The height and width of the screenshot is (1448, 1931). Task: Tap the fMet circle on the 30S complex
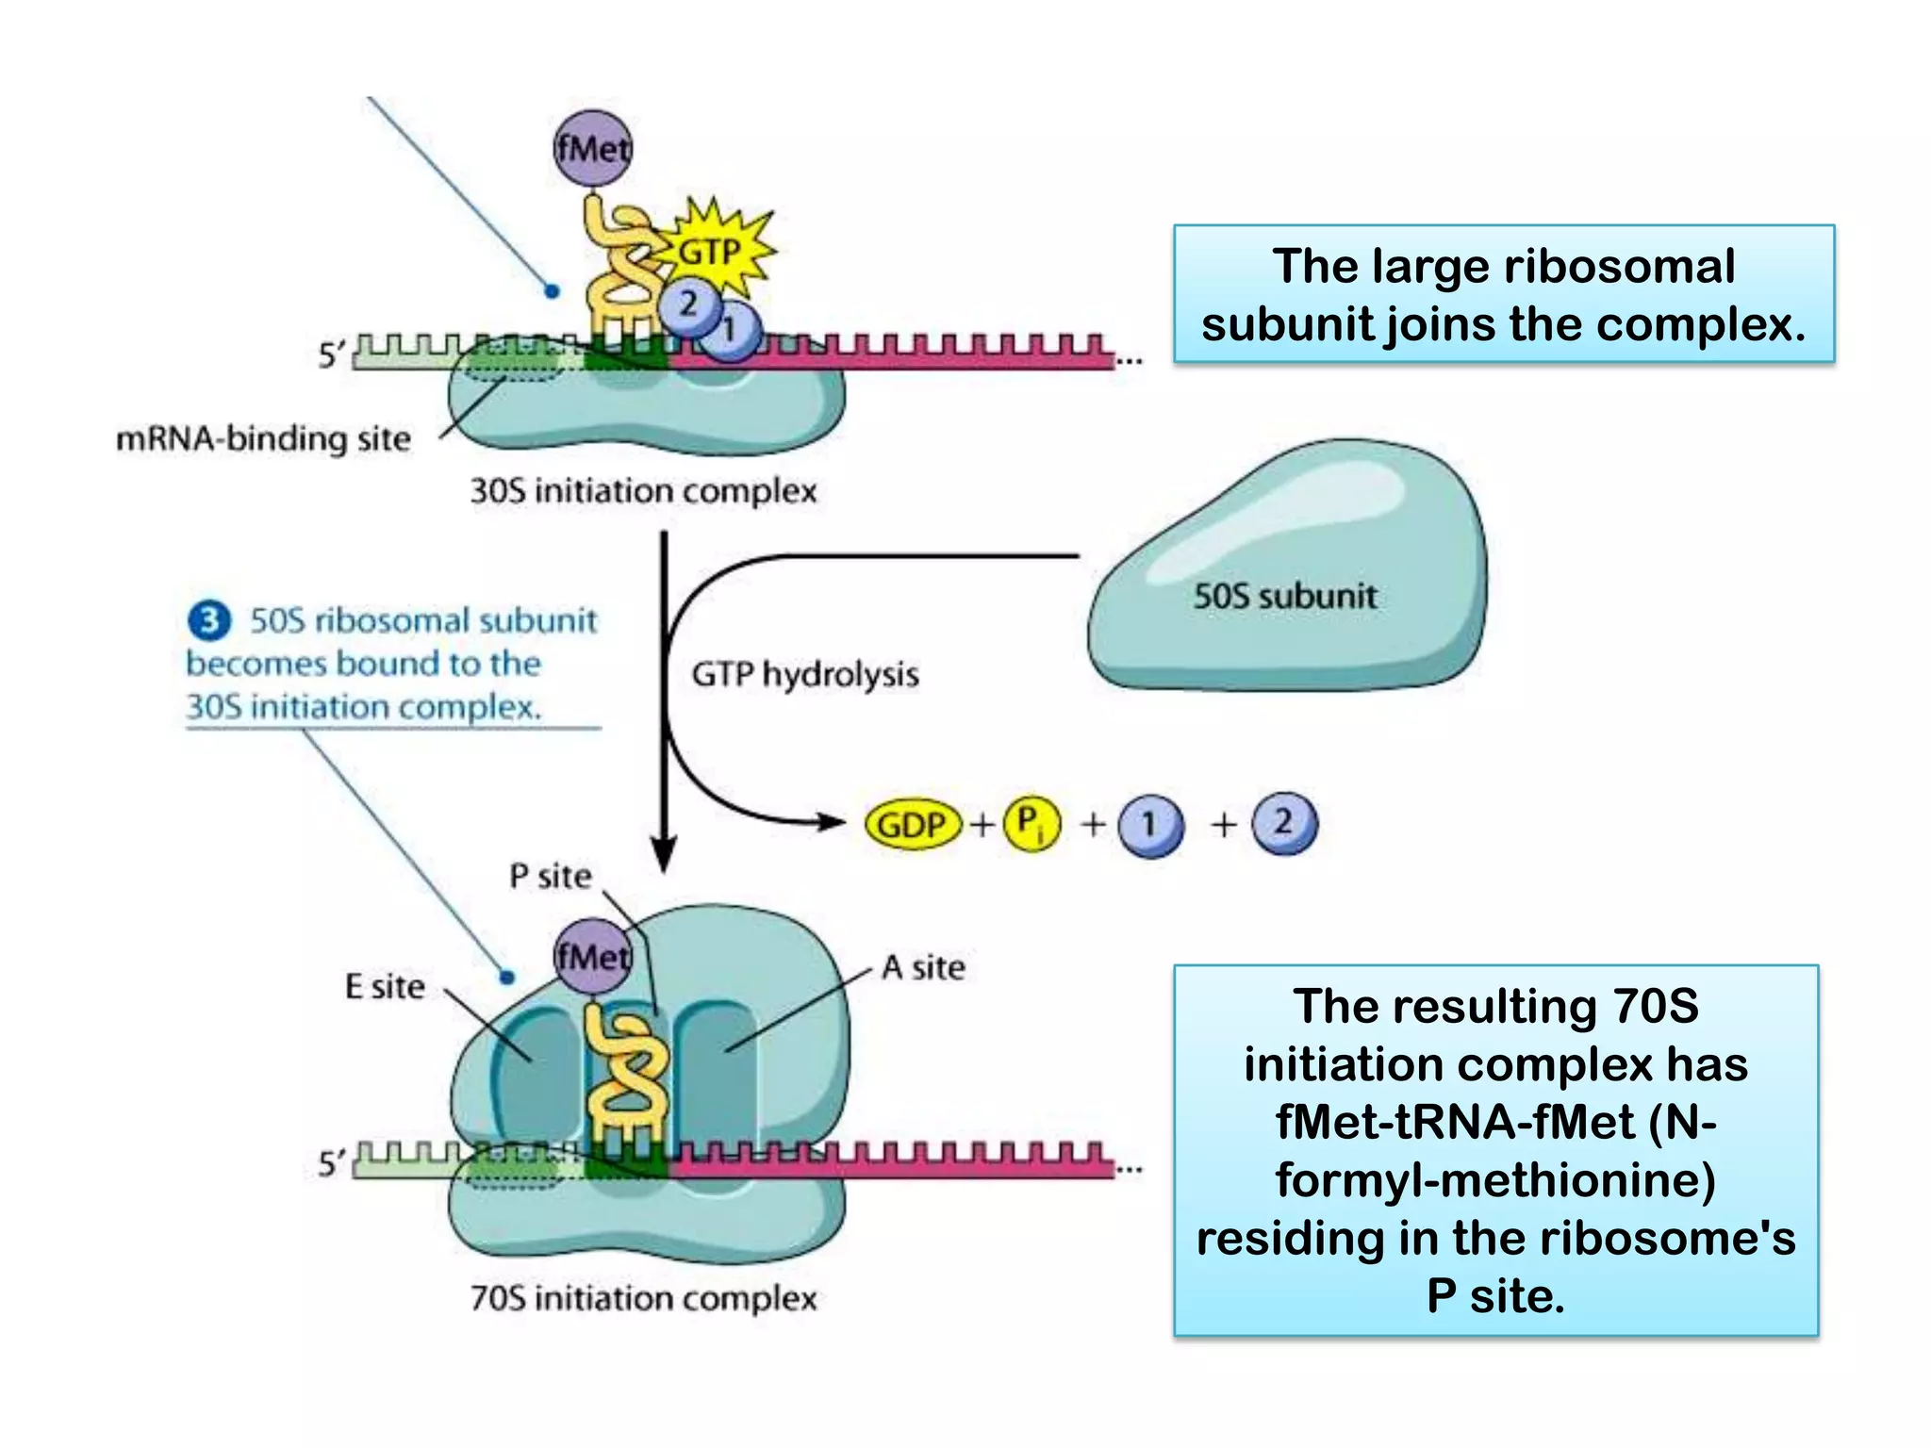click(x=592, y=149)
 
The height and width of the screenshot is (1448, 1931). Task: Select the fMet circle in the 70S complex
click(x=592, y=957)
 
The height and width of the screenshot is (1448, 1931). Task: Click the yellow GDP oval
click(x=912, y=825)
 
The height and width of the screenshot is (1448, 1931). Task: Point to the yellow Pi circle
click(x=1032, y=823)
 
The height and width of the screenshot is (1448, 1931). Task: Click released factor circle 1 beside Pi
click(x=1150, y=825)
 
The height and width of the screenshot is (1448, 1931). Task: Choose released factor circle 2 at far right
click(x=1284, y=822)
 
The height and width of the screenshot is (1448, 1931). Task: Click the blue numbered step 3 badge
click(x=209, y=620)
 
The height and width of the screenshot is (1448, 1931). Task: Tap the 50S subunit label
click(x=1284, y=596)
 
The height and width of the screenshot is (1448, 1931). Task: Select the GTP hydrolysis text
click(x=804, y=674)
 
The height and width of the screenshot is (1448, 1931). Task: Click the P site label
click(x=550, y=876)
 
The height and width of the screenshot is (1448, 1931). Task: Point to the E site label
click(x=385, y=986)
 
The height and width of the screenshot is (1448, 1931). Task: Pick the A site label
click(x=923, y=967)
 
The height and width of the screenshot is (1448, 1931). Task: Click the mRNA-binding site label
click(x=263, y=438)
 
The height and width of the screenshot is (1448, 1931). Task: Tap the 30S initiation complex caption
click(x=643, y=490)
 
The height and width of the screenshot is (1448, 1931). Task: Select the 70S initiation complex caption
click(x=643, y=1298)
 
